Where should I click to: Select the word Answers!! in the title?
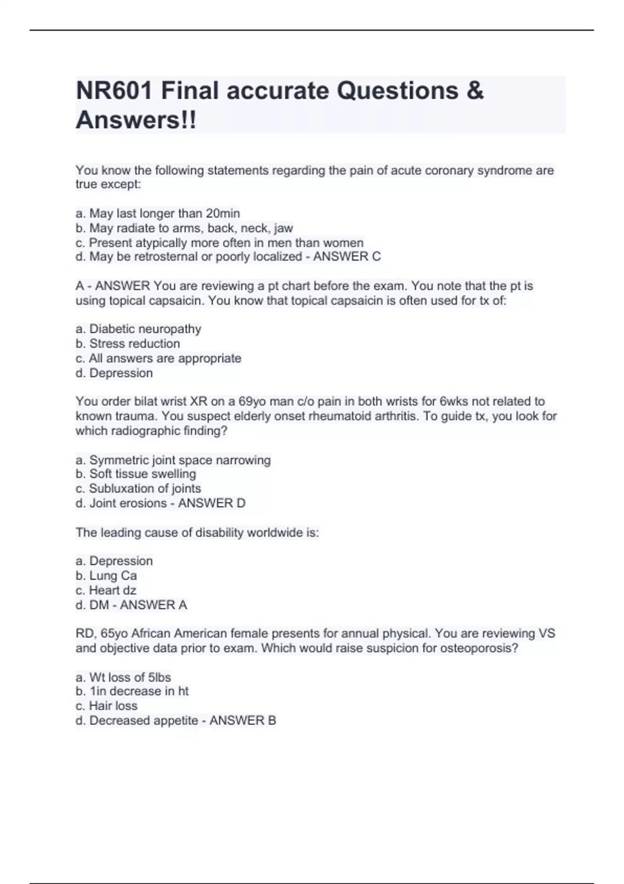tap(136, 120)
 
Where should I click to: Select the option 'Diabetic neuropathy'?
tap(138, 329)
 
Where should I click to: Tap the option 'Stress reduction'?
tap(128, 344)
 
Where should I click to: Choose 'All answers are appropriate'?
tap(159, 358)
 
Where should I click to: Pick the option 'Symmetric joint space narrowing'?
tap(173, 460)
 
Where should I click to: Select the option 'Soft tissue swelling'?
tap(136, 474)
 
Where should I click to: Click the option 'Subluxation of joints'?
tap(138, 488)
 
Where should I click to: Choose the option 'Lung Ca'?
tap(107, 576)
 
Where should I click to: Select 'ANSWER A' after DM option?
tap(153, 605)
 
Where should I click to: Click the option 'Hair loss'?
tap(107, 706)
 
